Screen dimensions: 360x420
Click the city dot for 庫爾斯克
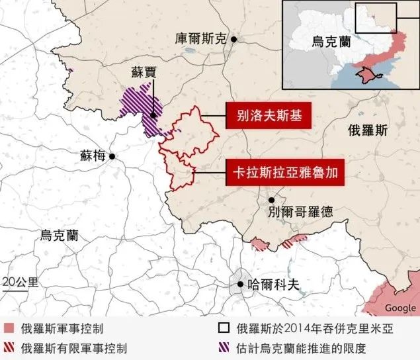tap(234, 40)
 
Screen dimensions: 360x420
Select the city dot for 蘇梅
tap(113, 157)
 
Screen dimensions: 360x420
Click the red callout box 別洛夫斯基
tap(269, 117)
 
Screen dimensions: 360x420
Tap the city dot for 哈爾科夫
tap(239, 285)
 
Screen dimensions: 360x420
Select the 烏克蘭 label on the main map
tap(59, 235)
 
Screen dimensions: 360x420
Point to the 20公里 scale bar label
tap(20, 281)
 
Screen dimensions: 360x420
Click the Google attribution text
tap(400, 308)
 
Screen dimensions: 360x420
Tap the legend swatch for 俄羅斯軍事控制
tap(9, 328)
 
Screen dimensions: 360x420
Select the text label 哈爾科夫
tap(273, 285)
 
